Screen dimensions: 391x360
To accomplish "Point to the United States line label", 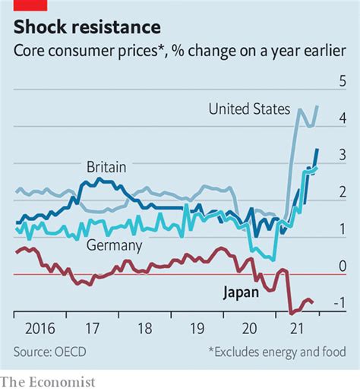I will tap(249, 109).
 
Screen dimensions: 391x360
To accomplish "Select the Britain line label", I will tap(106, 166).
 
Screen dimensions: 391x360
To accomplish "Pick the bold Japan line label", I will tap(240, 292).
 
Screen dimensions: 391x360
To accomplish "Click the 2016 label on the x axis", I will tap(36, 331).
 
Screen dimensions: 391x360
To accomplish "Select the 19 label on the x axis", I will tap(197, 331).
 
